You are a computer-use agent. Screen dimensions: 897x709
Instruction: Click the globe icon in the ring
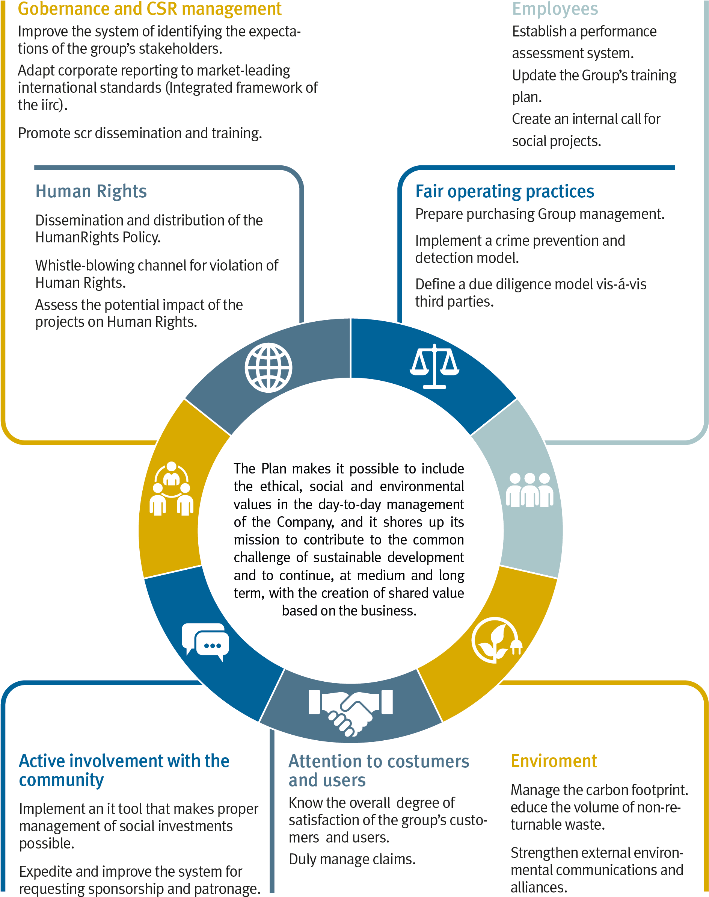268,368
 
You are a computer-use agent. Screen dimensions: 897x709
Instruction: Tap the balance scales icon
434,367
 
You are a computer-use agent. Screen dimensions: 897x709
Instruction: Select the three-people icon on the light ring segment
529,490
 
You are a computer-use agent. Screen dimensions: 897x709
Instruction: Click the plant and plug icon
496,641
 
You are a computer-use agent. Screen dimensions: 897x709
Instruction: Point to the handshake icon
350,712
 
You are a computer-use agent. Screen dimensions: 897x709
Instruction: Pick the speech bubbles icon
205,642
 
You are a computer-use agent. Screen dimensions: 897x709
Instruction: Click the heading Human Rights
91,191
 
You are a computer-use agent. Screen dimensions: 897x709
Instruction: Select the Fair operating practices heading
504,191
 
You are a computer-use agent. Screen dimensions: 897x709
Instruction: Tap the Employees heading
555,9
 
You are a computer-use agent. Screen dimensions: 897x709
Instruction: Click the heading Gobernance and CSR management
150,9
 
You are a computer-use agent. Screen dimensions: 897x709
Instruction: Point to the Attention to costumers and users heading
378,771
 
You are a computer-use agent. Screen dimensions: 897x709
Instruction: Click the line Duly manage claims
352,859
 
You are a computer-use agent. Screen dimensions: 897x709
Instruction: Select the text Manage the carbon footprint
599,790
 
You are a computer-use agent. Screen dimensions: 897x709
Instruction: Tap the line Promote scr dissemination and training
140,133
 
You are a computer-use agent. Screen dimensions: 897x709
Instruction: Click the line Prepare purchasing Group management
540,214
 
